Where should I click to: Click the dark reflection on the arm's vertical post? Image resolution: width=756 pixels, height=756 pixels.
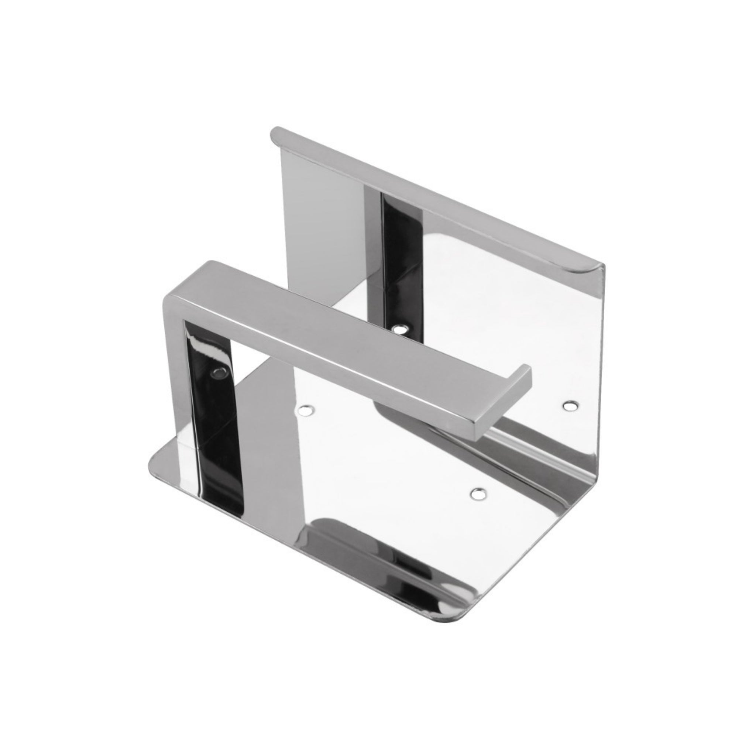click(x=213, y=391)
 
